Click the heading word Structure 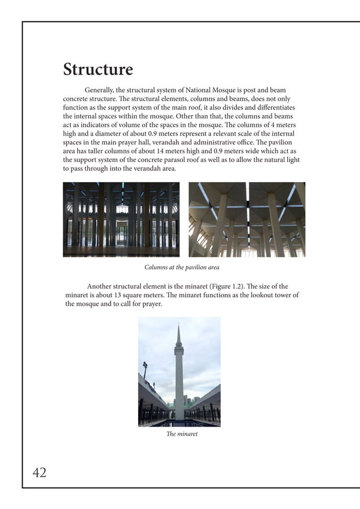pyautogui.click(x=98, y=70)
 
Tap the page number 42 pyautogui.click(x=39, y=473)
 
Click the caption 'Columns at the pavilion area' pyautogui.click(x=182, y=267)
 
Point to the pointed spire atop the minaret pyautogui.click(x=178, y=334)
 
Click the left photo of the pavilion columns pyautogui.click(x=121, y=220)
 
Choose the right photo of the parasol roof pyautogui.click(x=247, y=220)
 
